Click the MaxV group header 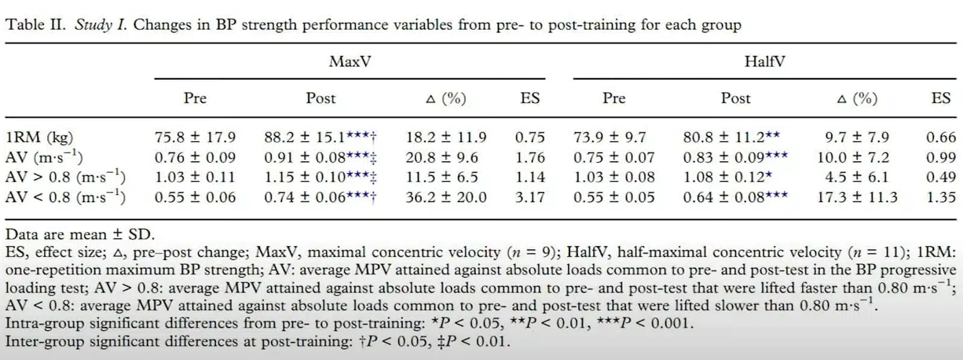point(350,61)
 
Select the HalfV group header point(764,61)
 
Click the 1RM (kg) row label point(39,137)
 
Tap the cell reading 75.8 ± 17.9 point(195,137)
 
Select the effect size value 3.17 point(530,197)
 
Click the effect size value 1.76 point(530,157)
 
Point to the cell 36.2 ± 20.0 point(446,197)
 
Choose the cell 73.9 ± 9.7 point(609,137)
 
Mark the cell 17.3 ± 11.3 point(857,197)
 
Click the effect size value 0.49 point(941,177)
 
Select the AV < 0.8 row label point(66,197)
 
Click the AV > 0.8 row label point(66,177)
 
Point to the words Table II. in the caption point(35,25)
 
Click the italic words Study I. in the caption point(101,25)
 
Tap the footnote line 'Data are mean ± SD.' point(80,234)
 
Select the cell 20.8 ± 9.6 point(442,157)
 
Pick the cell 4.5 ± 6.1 point(857,177)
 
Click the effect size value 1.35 point(941,197)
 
